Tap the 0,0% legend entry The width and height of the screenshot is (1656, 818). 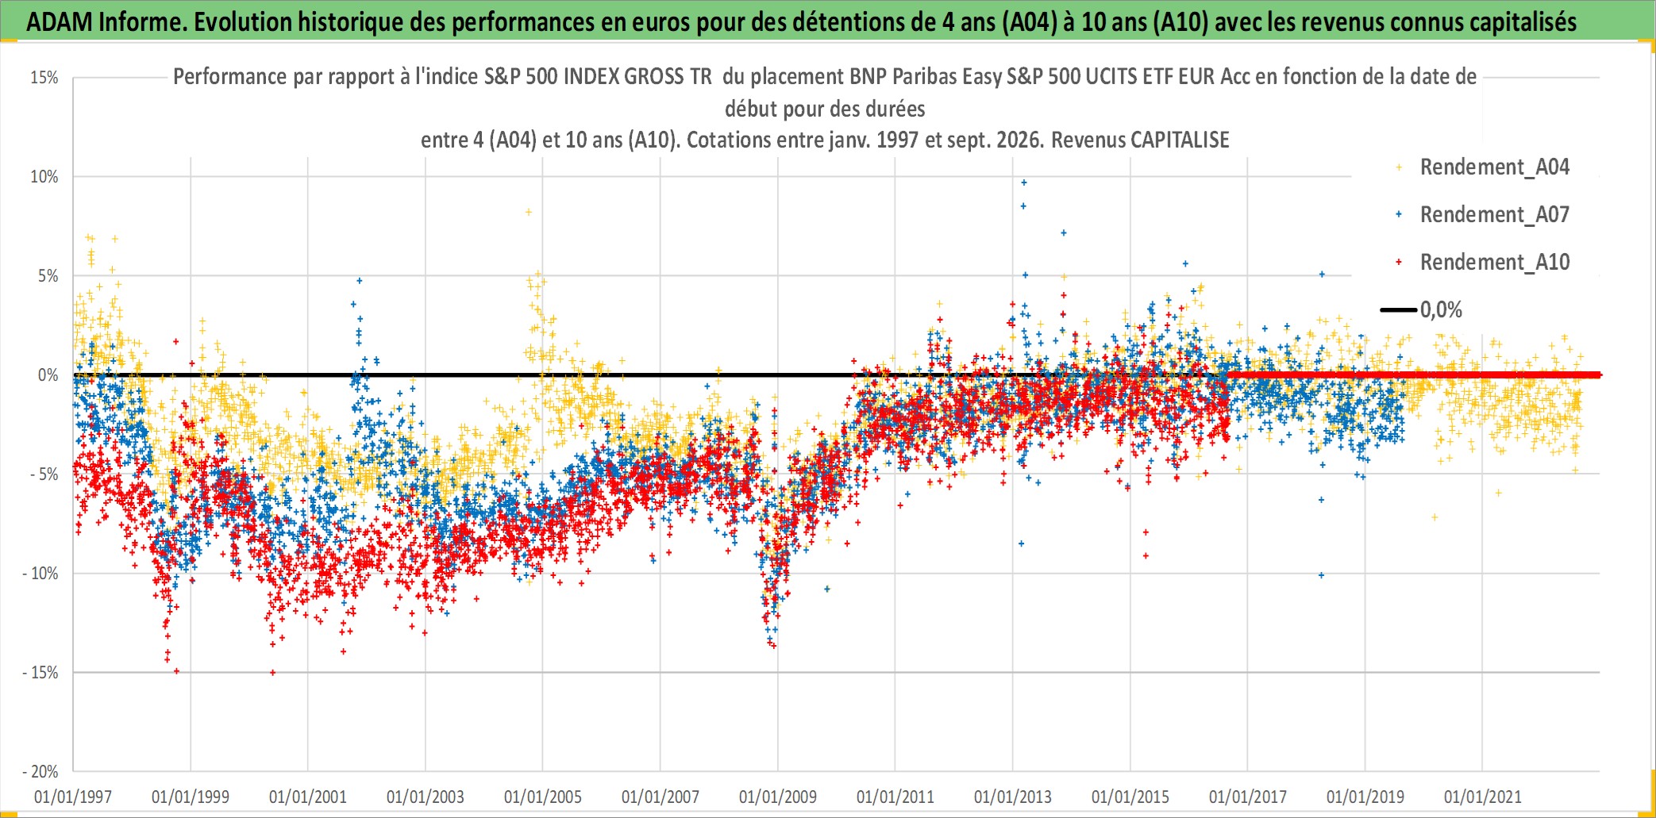coord(1422,309)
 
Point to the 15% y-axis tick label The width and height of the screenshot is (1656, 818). coord(44,78)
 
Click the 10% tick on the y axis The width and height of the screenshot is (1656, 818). coord(44,177)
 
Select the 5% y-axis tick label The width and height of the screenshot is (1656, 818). coord(48,276)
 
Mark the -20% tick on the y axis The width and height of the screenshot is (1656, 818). coord(40,772)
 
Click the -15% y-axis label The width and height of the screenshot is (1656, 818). coord(40,673)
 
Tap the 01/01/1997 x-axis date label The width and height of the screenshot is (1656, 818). coord(73,797)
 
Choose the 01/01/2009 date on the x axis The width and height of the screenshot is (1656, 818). coord(778,797)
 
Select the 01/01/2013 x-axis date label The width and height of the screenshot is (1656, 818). coord(1013,797)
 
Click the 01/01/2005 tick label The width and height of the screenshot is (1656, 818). coord(543,797)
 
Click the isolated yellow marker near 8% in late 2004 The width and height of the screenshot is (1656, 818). coord(529,212)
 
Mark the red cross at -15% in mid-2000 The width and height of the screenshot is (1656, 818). coord(273,673)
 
